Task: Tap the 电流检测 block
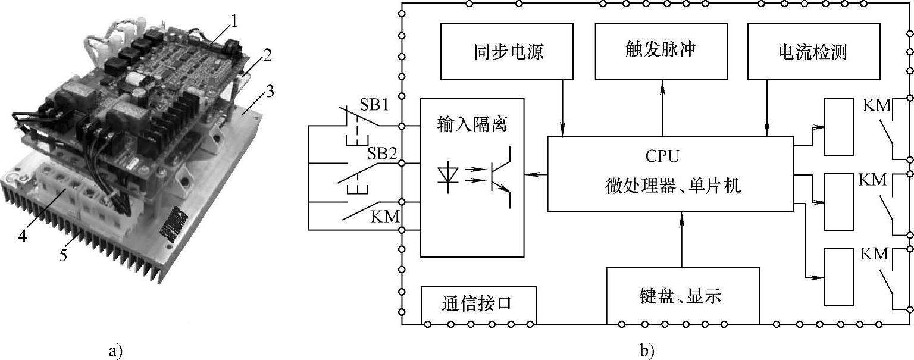pyautogui.click(x=812, y=51)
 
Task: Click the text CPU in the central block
pyautogui.click(x=662, y=156)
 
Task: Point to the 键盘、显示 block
pyautogui.click(x=683, y=295)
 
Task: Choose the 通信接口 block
pyautogui.click(x=477, y=303)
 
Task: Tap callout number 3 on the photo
pyautogui.click(x=270, y=92)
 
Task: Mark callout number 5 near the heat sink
pyautogui.click(x=62, y=256)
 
